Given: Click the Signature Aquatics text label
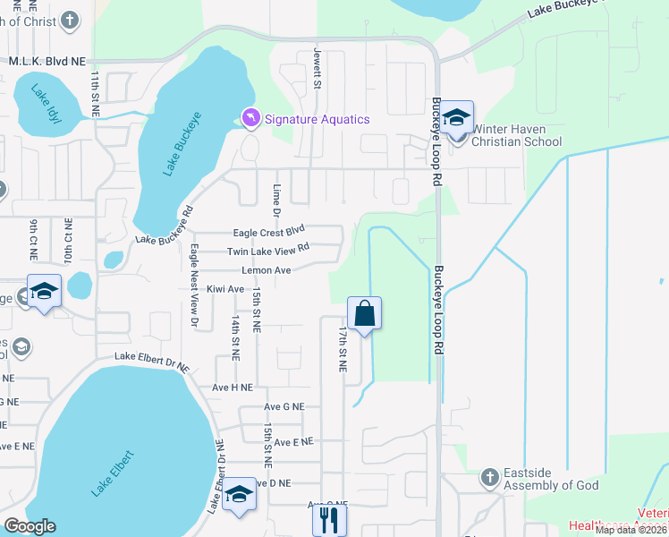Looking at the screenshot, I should [x=316, y=120].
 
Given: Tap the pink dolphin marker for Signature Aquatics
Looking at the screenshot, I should [x=250, y=118].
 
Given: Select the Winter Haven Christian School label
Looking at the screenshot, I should [x=516, y=135].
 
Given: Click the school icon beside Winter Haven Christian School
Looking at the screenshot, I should [x=456, y=116].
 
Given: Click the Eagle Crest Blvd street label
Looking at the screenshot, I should [x=269, y=231].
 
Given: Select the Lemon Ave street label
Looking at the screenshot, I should [x=267, y=270].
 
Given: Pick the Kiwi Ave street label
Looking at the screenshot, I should [x=225, y=289].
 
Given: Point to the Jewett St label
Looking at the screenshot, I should [x=317, y=68].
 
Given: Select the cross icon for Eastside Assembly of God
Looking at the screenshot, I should [x=489, y=478].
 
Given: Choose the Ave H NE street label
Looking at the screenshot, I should [x=231, y=388].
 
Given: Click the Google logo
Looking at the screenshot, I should [x=30, y=526].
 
